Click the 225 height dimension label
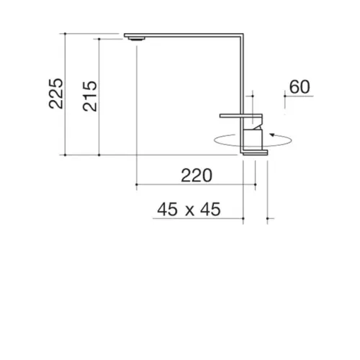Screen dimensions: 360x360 click(56, 94)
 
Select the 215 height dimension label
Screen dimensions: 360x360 click(90, 96)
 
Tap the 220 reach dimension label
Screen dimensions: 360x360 click(197, 176)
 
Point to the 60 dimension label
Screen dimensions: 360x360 click(300, 87)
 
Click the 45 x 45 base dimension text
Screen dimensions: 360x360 click(189, 210)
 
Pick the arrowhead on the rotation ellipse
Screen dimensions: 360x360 click(272, 135)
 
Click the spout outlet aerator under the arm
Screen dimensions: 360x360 click(137, 39)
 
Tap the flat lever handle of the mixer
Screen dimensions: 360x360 click(241, 116)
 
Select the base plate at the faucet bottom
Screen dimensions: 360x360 click(255, 153)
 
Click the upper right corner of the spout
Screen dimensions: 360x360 click(243, 34)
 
